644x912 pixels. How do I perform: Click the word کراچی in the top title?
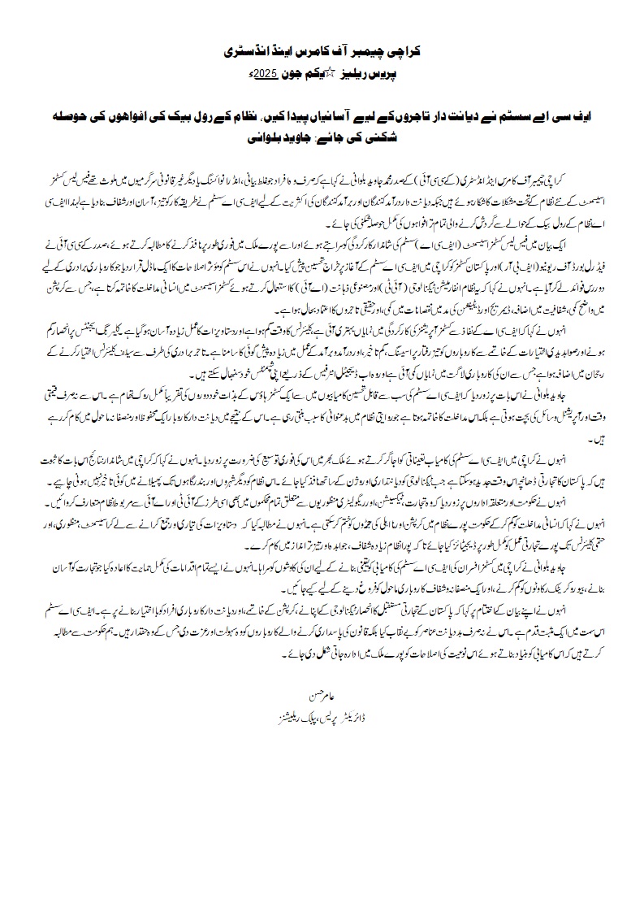click(x=419, y=50)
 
